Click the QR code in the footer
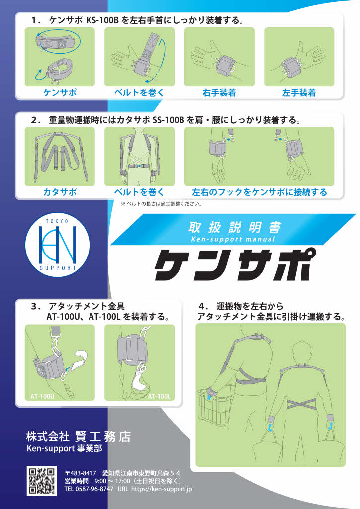42,481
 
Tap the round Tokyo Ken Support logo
58,245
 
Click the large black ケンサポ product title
231,264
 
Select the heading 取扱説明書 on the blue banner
235,227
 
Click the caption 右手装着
219,93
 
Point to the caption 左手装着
299,93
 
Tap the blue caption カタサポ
60,192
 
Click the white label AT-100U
42,396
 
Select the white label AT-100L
159,396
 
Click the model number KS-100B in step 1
102,21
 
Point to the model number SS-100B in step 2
168,120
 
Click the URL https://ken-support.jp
162,489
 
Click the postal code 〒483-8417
81,473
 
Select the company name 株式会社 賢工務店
79,436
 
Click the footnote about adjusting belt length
161,204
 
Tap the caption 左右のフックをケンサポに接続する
260,192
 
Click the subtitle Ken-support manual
233,239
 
